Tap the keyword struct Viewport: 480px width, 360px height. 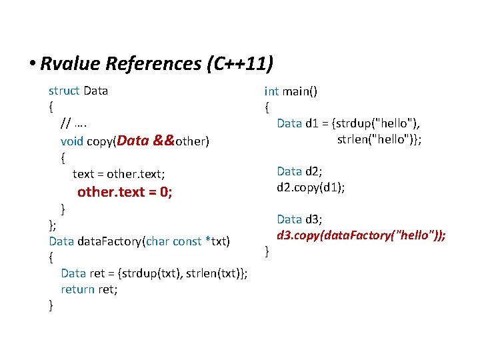(64, 91)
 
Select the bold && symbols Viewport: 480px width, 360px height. (163, 140)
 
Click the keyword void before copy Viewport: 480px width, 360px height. (72, 141)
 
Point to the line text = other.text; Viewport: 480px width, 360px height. (119, 174)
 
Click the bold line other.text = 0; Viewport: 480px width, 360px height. (125, 193)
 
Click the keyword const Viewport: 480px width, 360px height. (187, 241)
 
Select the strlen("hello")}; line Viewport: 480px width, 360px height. (379, 139)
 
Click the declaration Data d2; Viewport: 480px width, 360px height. (300, 172)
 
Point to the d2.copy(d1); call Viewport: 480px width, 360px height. (311, 187)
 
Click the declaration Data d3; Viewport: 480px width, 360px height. (300, 219)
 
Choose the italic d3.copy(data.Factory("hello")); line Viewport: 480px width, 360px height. (361, 235)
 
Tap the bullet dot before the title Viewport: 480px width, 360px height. (32, 65)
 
